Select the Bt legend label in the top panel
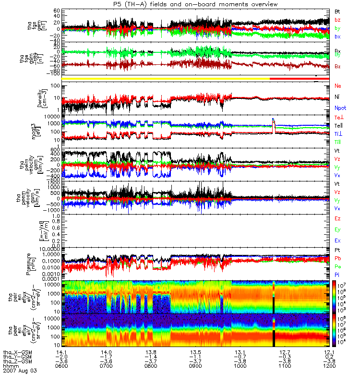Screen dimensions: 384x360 coord(337,11)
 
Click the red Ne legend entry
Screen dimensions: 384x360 coord(338,85)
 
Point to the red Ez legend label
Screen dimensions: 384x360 coord(338,218)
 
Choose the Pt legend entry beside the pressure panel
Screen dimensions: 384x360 coord(337,251)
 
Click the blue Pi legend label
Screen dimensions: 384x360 coord(337,275)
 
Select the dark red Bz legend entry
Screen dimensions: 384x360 coord(338,67)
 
